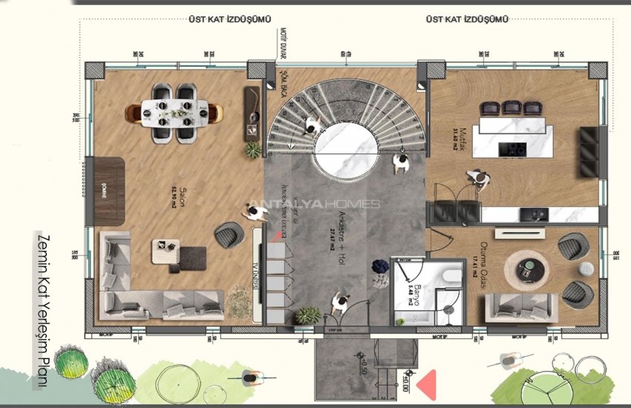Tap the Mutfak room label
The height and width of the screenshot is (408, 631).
coord(454,134)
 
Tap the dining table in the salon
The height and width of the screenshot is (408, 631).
coord(174,113)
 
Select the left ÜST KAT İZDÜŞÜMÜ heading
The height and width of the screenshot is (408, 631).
coord(229,19)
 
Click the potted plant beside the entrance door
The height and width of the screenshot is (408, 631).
coord(307,315)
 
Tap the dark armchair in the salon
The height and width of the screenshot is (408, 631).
coord(227,235)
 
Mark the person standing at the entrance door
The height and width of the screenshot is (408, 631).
coord(341,303)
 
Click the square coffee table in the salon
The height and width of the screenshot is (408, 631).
coord(166,251)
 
